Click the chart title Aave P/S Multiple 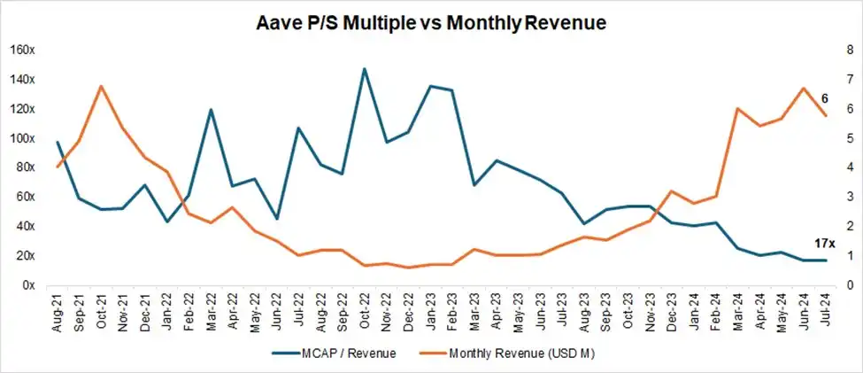click(432, 24)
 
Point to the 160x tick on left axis click(22, 50)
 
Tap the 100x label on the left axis click(22, 138)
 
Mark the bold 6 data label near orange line click(824, 97)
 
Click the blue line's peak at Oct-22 click(365, 68)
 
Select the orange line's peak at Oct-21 click(102, 86)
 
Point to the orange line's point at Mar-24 click(737, 109)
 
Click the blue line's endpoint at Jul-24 click(826, 260)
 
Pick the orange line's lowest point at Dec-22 click(408, 268)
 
